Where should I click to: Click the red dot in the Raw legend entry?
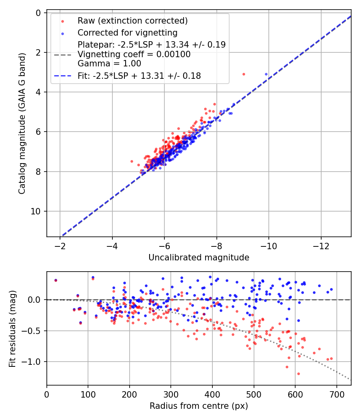[x=63, y=21]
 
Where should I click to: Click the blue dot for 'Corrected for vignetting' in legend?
[x=63, y=34]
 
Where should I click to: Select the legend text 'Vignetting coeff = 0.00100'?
[x=134, y=54]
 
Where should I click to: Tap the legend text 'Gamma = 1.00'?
[x=109, y=64]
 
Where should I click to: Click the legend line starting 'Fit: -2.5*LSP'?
[x=139, y=76]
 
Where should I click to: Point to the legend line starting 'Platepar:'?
[x=152, y=44]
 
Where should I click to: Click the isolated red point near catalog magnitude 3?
[x=244, y=74]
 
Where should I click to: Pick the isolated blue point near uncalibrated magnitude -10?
[x=266, y=74]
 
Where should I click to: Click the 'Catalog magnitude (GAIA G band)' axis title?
[x=22, y=124]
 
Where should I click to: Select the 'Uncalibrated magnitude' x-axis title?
[x=199, y=258]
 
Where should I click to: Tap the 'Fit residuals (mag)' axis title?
[x=12, y=329]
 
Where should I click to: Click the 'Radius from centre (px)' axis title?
[x=199, y=406]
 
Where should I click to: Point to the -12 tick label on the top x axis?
[x=321, y=246]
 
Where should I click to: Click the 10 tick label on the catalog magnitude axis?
[x=36, y=211]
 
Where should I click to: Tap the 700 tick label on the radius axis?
[x=336, y=394]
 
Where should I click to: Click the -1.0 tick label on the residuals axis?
[x=32, y=362]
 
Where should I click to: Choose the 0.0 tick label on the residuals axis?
[x=34, y=300]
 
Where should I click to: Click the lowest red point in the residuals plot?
[x=298, y=374]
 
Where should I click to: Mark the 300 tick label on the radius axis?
[x=171, y=394]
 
